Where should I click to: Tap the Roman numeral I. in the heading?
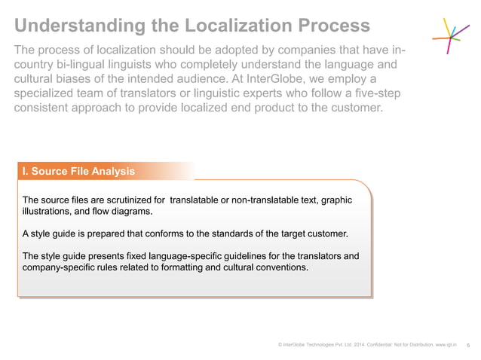26,171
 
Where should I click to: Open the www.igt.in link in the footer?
447,345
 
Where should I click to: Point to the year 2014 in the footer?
359,345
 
